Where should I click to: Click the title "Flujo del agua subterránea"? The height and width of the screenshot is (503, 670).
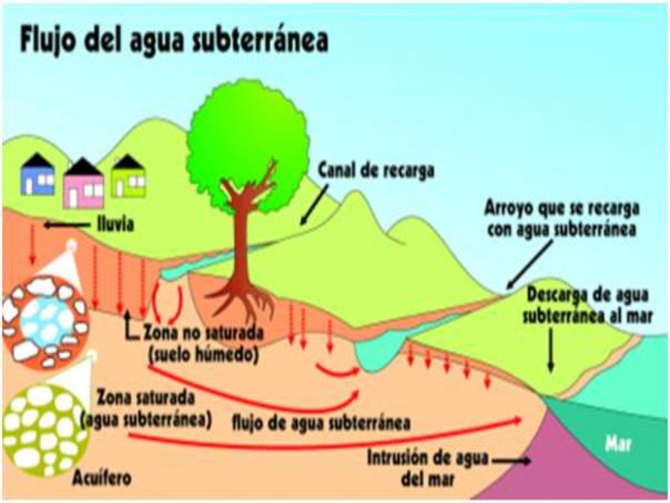coord(173,41)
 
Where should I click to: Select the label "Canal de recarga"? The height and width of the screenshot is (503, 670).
coord(376,170)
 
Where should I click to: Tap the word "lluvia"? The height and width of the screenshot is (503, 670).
coord(113,225)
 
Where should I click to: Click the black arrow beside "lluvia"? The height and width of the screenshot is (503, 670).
coord(65,225)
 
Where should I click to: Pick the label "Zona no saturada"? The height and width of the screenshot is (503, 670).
coord(203,333)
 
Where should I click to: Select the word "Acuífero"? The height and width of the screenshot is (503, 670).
coord(103,479)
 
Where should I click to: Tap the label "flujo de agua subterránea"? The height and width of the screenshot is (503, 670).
coord(321,422)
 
